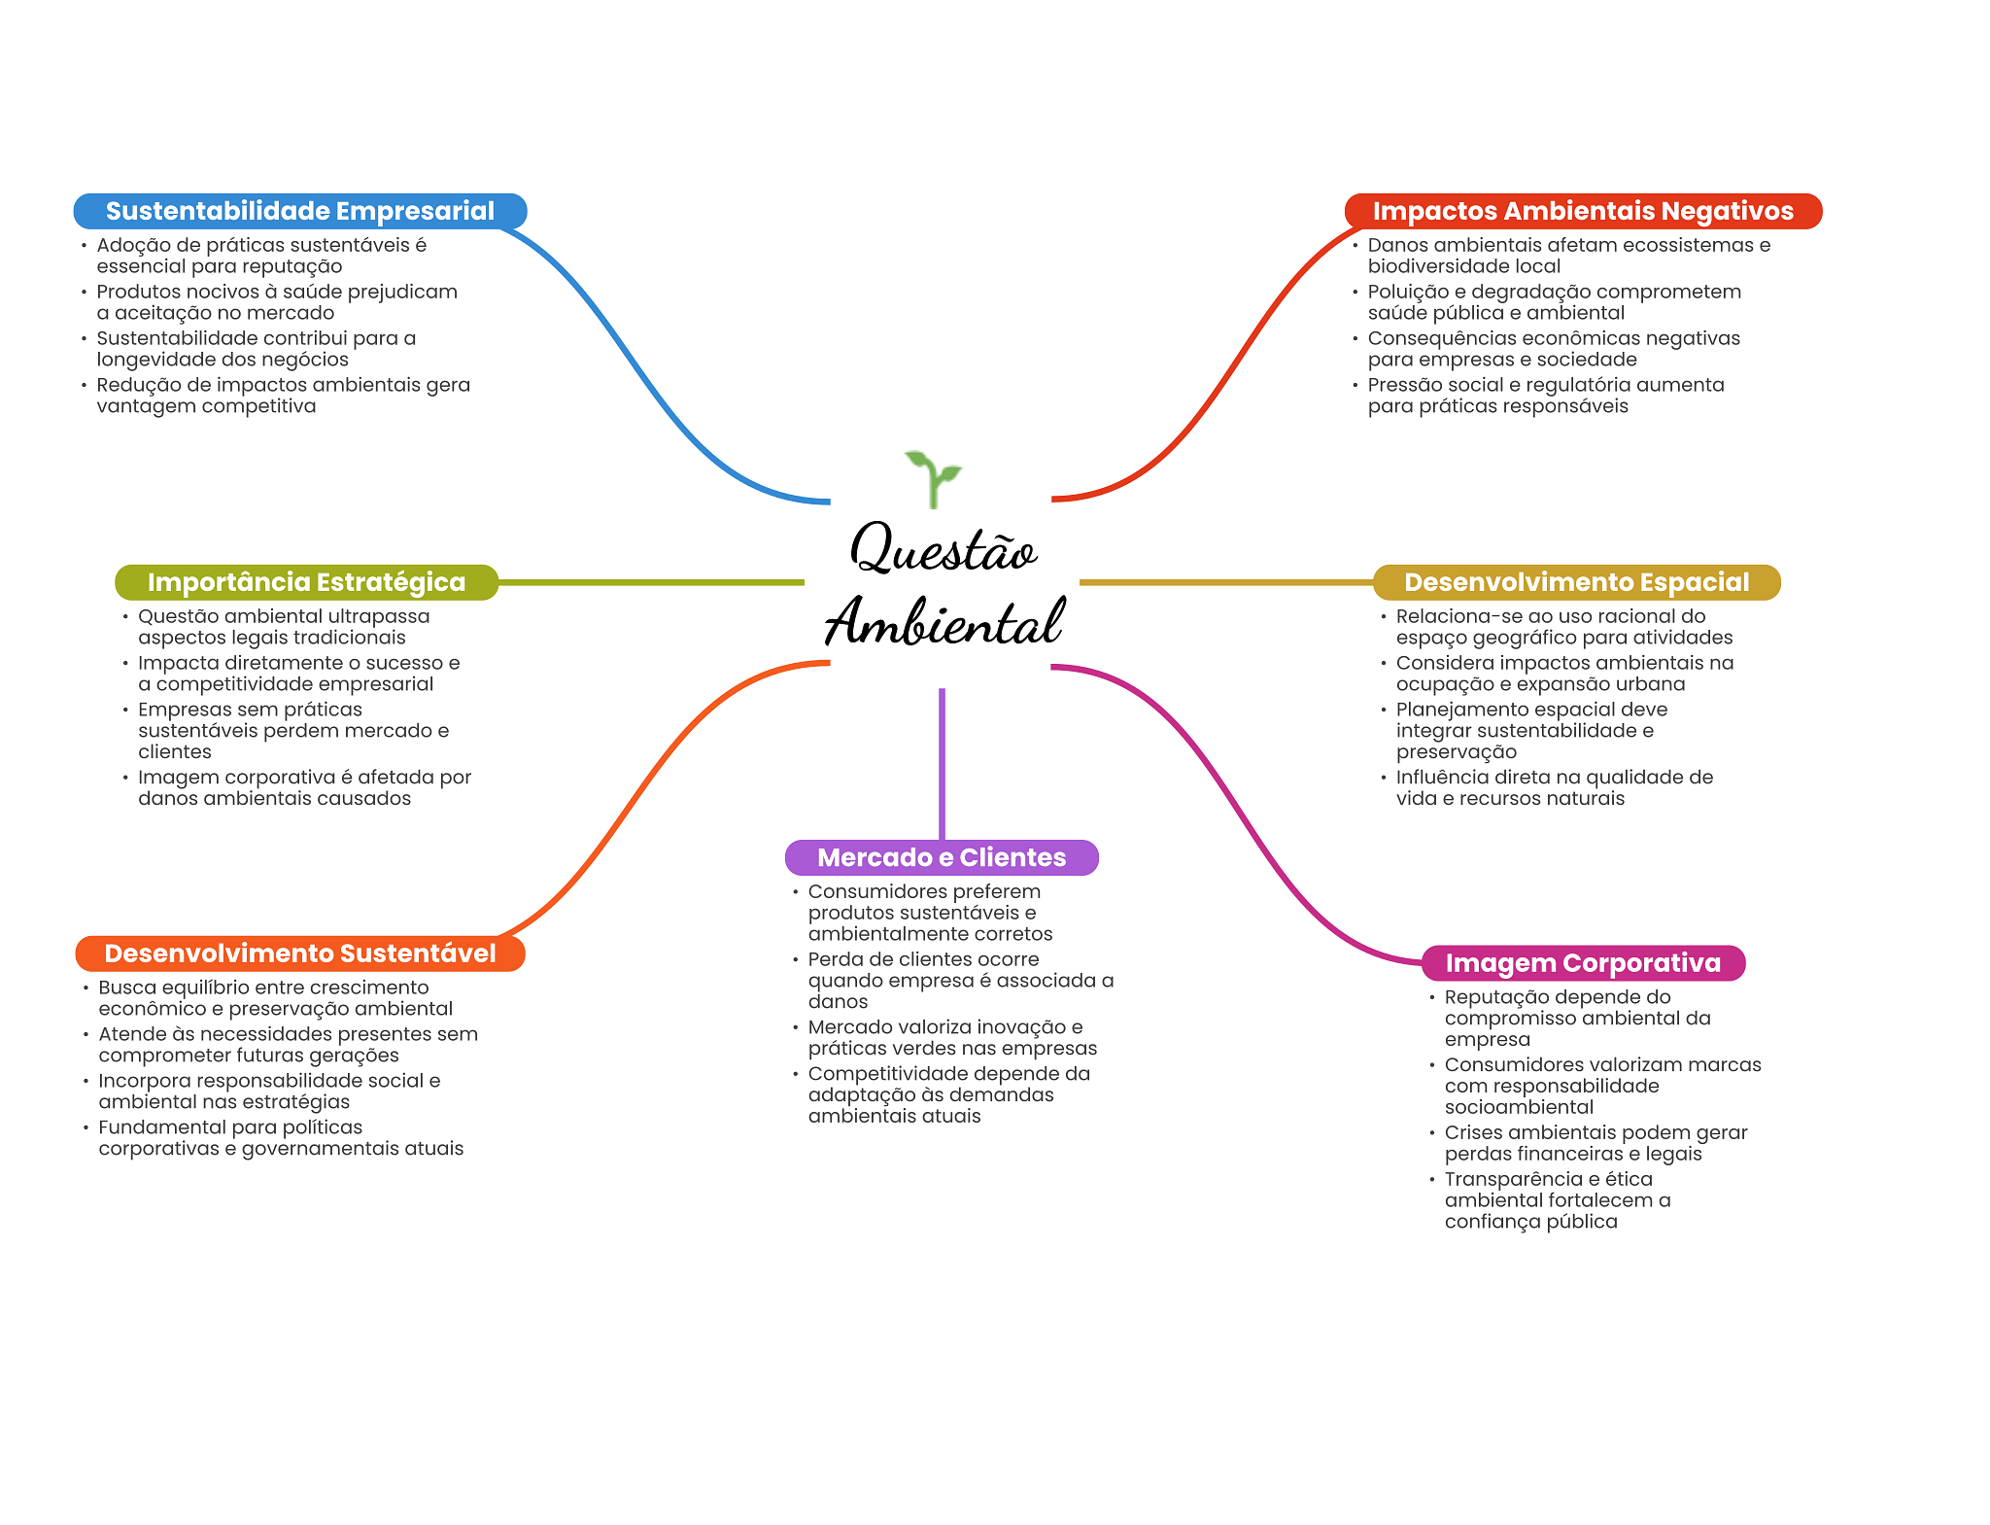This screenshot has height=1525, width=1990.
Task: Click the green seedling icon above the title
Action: click(x=933, y=477)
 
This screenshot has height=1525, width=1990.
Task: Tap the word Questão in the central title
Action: click(x=943, y=548)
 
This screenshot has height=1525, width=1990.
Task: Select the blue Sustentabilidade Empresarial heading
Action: click(x=300, y=211)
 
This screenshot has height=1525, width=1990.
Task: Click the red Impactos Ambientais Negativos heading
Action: click(x=1583, y=211)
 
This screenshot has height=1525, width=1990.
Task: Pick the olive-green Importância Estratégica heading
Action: click(x=306, y=582)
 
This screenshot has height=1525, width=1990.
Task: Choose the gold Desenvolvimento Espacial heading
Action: click(x=1576, y=582)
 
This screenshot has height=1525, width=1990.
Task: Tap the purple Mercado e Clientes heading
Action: click(x=942, y=857)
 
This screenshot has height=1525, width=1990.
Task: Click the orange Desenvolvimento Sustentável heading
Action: click(x=300, y=953)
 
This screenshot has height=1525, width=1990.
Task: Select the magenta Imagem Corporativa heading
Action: click(x=1583, y=963)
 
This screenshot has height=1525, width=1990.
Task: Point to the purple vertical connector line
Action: click(x=942, y=763)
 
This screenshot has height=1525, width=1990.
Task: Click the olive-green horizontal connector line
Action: click(x=651, y=582)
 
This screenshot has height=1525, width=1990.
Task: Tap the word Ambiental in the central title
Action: click(x=944, y=623)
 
